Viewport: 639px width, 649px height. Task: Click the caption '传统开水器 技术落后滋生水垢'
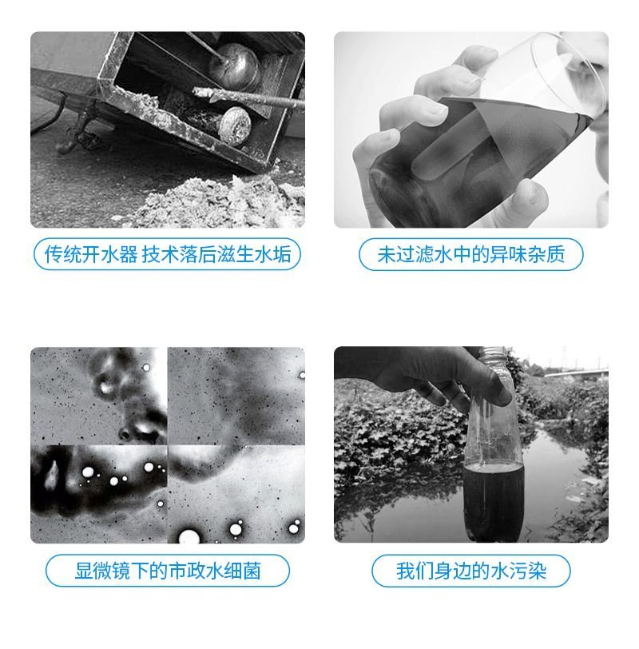click(x=167, y=255)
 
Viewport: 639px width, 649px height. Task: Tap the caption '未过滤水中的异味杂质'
click(x=471, y=255)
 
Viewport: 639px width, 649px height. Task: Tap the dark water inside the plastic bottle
click(x=493, y=496)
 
